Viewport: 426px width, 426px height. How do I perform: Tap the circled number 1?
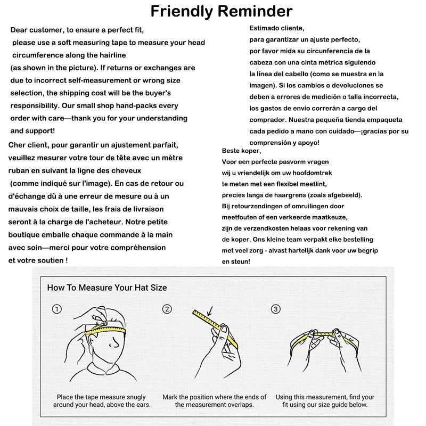(x=57, y=309)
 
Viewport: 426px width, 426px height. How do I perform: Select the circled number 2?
(x=167, y=309)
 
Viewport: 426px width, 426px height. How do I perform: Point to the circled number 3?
(x=275, y=309)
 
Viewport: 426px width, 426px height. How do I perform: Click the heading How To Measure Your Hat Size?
(x=107, y=288)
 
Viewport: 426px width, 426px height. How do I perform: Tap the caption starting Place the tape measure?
(x=102, y=400)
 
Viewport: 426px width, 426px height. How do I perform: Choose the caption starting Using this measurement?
(x=325, y=400)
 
